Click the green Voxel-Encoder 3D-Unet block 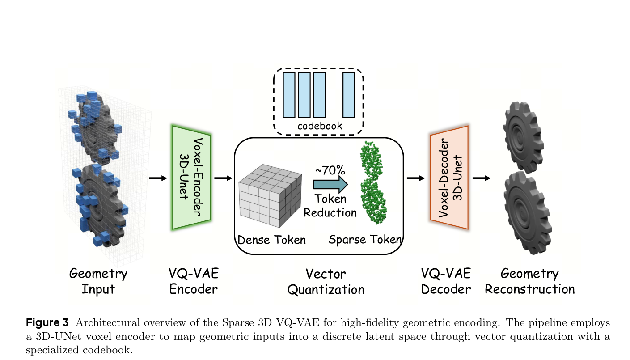click(x=191, y=178)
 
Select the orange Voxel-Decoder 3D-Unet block click(x=449, y=178)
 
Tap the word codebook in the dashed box click(x=320, y=126)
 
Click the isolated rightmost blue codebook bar click(x=349, y=94)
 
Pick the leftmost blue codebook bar click(x=288, y=94)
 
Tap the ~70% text click(x=330, y=170)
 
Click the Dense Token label click(x=271, y=240)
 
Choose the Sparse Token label click(x=365, y=240)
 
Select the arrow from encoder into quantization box click(x=223, y=178)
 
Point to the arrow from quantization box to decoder click(x=416, y=178)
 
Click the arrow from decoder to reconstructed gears click(x=481, y=178)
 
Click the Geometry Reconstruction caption click(x=529, y=281)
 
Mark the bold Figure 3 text click(x=47, y=322)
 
